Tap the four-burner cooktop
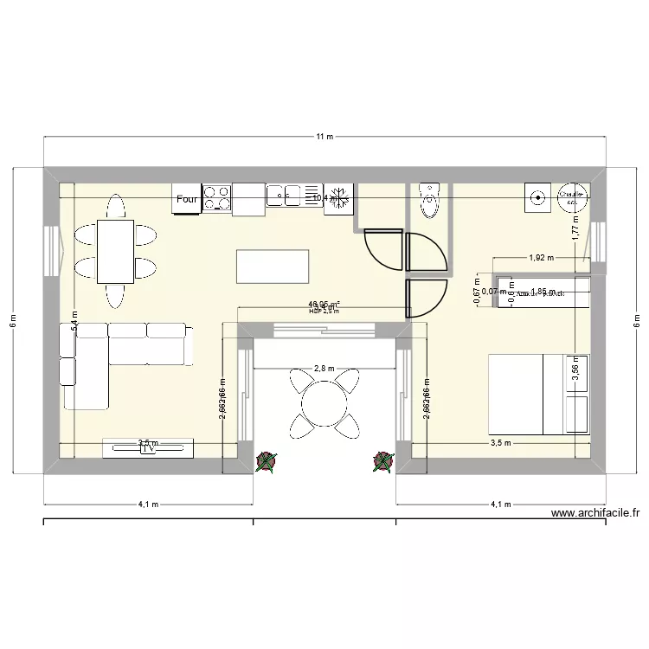(x=216, y=198)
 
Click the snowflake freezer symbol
(x=339, y=198)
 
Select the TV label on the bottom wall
(x=148, y=447)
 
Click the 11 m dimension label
(x=324, y=137)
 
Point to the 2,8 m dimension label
(x=324, y=369)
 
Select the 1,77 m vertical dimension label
(x=575, y=228)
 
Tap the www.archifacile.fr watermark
(x=594, y=512)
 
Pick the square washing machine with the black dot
(x=537, y=197)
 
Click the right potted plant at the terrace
(x=382, y=463)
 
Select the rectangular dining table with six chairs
(x=115, y=251)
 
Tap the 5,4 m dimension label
(x=75, y=322)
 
